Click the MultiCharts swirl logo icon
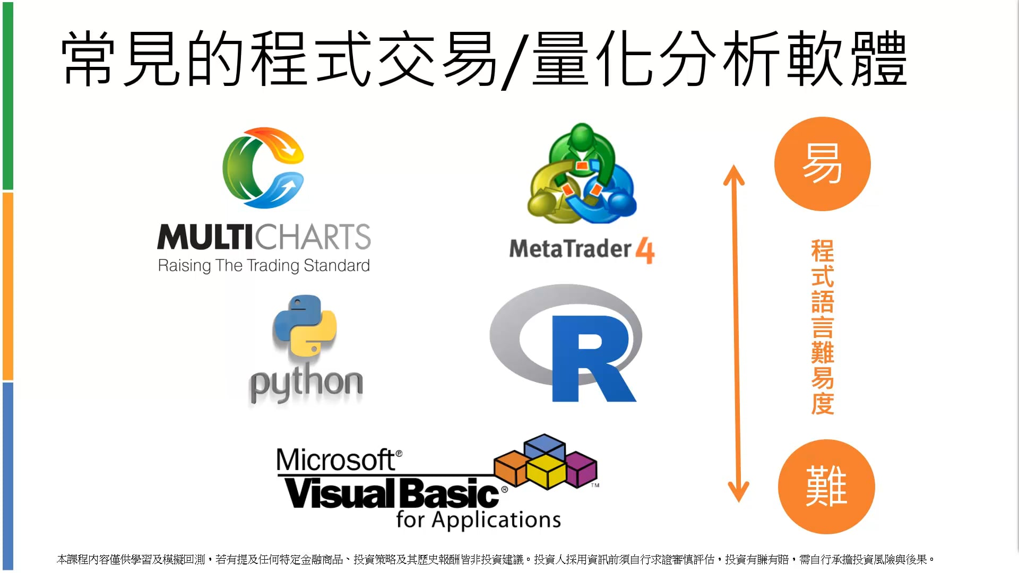pos(263,168)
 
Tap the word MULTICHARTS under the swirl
pos(264,237)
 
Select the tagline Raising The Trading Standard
pos(264,265)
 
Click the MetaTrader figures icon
pos(582,174)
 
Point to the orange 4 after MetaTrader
pos(645,250)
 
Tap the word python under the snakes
pos(306,383)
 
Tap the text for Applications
pos(478,520)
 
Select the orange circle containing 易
pos(822,164)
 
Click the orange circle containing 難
pos(826,487)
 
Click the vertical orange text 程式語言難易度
pos(822,327)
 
